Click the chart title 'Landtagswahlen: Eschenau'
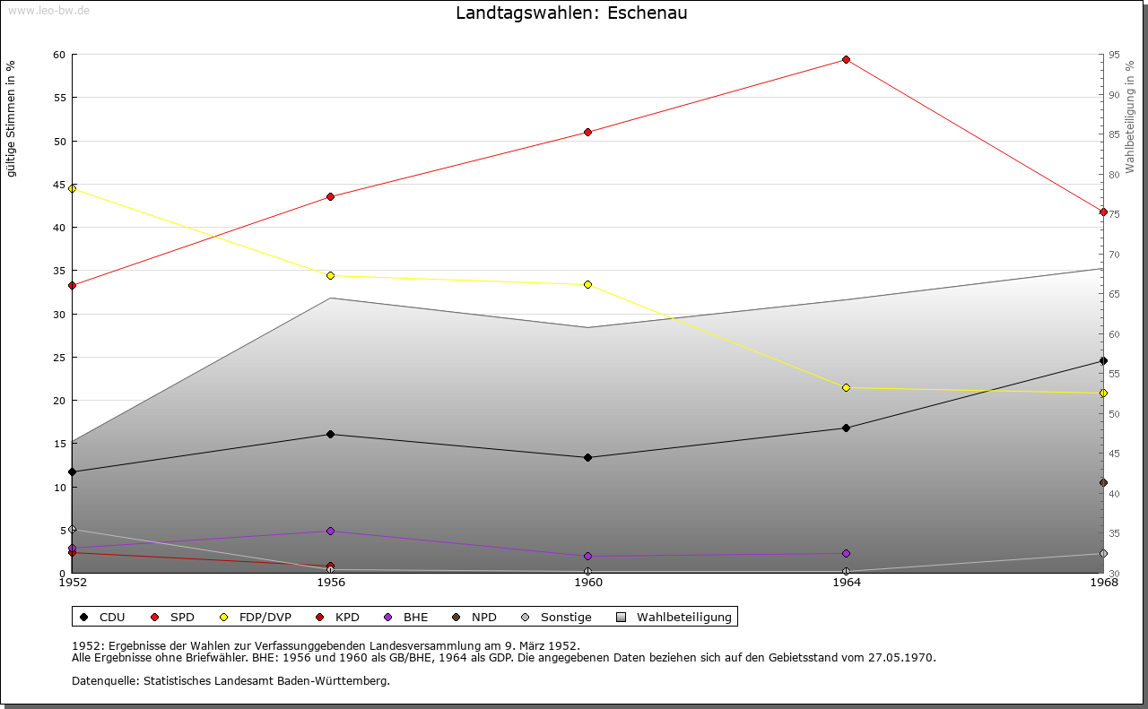coord(571,13)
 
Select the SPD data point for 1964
coord(846,60)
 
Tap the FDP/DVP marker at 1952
coord(73,188)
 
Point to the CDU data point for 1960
coord(588,458)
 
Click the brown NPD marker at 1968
coord(1103,483)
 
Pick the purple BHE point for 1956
coord(331,532)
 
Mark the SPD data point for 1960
coord(588,133)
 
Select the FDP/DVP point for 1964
coord(846,388)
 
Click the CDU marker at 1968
coord(1103,361)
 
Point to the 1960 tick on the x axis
coord(588,583)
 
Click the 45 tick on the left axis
coord(59,185)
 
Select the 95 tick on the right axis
coord(1113,56)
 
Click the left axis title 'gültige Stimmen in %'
coord(12,119)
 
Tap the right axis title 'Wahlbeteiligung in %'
coord(1130,117)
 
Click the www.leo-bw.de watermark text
coord(47,10)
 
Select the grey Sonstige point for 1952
coord(73,530)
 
